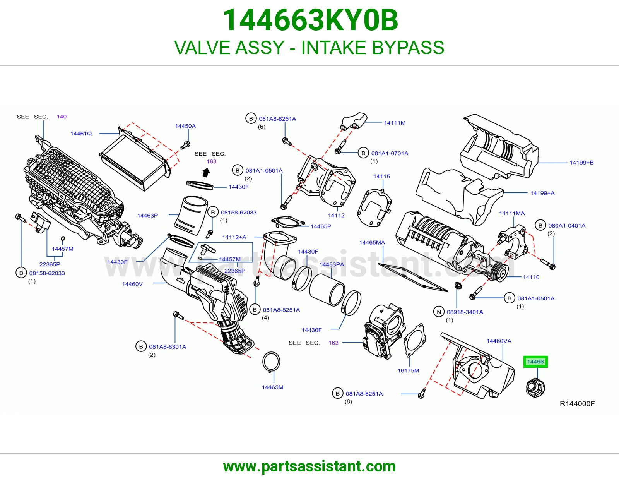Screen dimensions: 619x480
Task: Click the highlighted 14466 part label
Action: pos(535,362)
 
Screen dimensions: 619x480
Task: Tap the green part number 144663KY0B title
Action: pos(310,20)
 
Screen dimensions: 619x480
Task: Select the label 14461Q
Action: pos(81,134)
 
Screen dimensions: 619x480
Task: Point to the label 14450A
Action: pos(185,126)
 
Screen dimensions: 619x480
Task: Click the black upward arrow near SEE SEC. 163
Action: pos(206,172)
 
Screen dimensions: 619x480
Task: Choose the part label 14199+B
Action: pos(581,163)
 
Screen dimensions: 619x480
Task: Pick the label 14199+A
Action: pos(542,193)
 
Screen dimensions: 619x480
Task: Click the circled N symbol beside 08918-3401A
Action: pos(439,312)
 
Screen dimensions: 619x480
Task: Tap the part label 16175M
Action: pos(408,370)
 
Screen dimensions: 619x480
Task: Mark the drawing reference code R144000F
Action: pos(577,404)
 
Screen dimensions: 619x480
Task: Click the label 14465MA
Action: pos(372,243)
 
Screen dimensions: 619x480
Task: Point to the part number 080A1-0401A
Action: pos(567,226)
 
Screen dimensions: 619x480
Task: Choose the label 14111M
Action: pos(395,123)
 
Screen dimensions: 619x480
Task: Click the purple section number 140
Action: pos(62,117)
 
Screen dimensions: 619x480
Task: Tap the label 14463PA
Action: pos(332,264)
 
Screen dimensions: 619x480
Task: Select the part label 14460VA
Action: pos(499,341)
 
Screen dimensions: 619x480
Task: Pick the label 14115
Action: pos(381,177)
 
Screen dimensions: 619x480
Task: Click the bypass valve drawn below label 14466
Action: pos(535,387)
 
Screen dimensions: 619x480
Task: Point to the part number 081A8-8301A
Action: pos(168,347)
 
